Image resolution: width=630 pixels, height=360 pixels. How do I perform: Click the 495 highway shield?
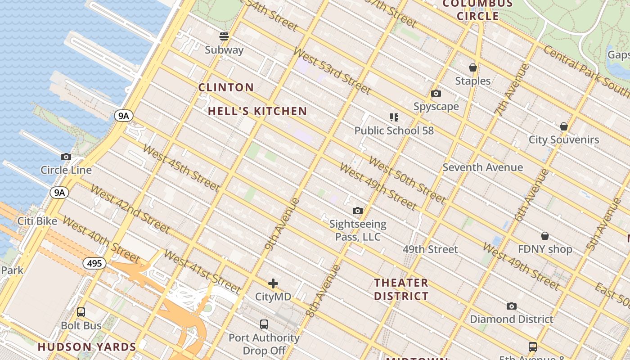[x=94, y=263]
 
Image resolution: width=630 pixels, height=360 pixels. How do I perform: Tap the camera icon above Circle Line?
[x=66, y=157]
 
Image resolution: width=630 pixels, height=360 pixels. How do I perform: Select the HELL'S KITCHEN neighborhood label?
[x=257, y=111]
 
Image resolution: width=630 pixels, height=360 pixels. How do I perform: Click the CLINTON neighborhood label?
[x=226, y=87]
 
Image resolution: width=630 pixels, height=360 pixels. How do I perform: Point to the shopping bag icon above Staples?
[x=472, y=67]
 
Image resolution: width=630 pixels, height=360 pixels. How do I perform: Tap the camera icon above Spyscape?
[x=436, y=94]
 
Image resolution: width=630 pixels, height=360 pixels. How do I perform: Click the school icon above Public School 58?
[x=394, y=117]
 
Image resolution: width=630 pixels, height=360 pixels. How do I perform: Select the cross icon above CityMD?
[x=273, y=283]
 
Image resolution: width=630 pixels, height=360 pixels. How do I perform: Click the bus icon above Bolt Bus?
[x=81, y=312]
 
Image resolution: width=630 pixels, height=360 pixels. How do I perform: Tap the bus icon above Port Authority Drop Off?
[x=264, y=324]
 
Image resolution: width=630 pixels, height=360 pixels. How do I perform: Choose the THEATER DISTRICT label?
[x=401, y=289]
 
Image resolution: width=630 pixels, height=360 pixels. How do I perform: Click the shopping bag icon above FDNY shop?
[x=544, y=236]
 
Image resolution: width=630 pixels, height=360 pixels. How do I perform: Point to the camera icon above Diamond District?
[x=511, y=306]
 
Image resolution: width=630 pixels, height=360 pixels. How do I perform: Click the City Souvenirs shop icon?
[x=563, y=126]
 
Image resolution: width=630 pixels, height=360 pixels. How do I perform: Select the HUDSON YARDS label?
[x=87, y=347]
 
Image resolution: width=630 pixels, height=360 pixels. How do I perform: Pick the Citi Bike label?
[x=37, y=221]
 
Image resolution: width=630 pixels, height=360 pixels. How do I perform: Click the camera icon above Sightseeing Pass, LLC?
[x=357, y=211]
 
